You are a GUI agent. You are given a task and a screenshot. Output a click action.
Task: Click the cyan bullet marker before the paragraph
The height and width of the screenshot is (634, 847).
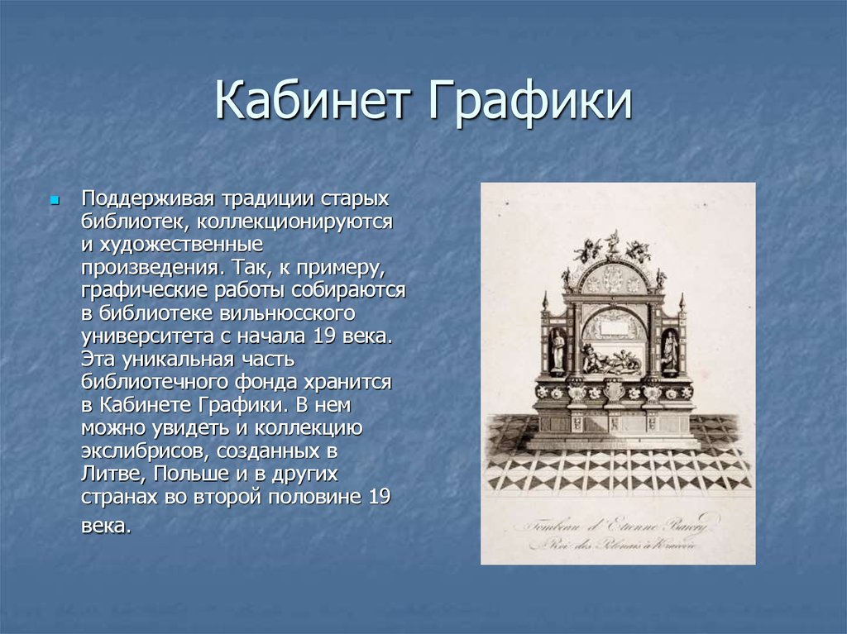click(x=55, y=201)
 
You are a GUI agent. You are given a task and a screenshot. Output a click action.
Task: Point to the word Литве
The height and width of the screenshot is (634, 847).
click(x=111, y=475)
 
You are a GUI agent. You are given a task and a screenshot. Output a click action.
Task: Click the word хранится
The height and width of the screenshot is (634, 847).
click(x=355, y=383)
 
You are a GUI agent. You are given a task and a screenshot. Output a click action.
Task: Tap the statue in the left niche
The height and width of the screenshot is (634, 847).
click(x=557, y=350)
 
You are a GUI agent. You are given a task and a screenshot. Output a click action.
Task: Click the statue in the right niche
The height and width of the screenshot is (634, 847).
click(x=669, y=350)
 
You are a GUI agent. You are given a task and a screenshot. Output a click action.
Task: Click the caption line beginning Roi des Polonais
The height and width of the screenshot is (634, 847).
click(x=613, y=545)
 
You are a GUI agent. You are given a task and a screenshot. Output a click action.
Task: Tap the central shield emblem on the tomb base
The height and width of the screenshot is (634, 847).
click(x=614, y=389)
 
